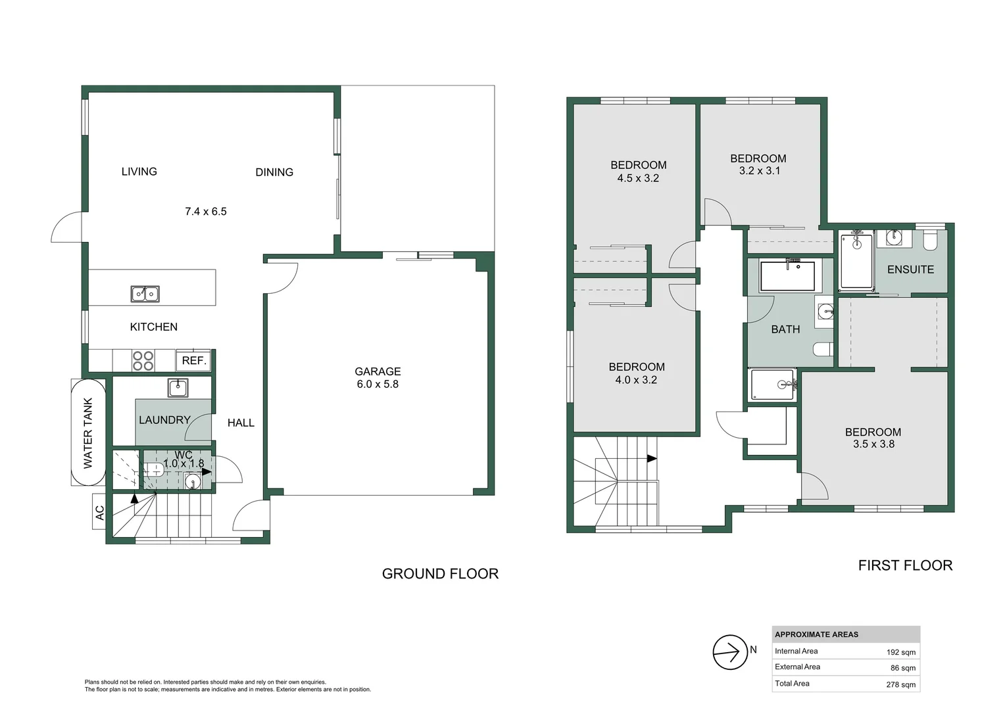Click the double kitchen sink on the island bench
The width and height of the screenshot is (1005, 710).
point(145,294)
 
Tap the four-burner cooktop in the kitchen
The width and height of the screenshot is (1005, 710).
point(143,361)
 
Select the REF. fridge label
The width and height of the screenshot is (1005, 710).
point(194,361)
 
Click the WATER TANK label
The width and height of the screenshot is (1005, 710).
point(88,433)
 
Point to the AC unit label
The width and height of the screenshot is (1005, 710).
point(99,513)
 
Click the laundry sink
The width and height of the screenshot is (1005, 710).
point(178,388)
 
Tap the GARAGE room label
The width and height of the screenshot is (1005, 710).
point(378,371)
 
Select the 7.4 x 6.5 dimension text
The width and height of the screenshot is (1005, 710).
point(206,211)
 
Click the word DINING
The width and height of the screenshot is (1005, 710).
point(274,172)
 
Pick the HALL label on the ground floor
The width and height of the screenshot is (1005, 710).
point(241,423)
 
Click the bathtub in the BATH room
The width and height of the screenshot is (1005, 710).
point(787,275)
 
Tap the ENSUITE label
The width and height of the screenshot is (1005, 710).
point(910,270)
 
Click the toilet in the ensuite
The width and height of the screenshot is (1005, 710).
point(929,241)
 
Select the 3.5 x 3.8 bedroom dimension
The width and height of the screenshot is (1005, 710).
point(873,444)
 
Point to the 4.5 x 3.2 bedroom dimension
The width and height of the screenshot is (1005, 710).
point(638,178)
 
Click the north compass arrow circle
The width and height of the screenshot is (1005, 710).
point(731,652)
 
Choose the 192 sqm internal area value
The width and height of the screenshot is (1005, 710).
point(901,652)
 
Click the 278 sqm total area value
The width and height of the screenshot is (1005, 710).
point(901,684)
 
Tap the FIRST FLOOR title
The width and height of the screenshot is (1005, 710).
point(906,565)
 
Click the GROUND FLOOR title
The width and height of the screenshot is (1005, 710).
point(440,574)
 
